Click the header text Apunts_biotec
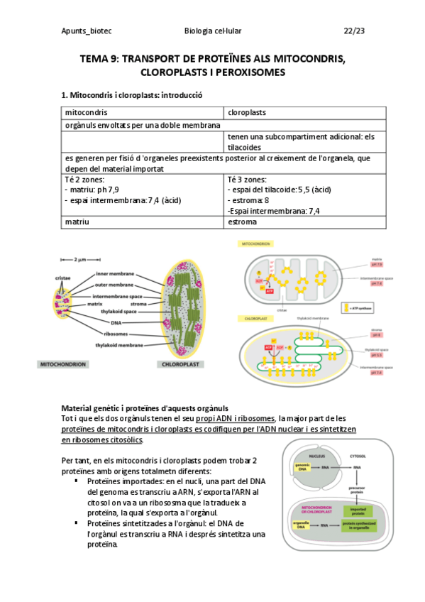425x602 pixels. [x=87, y=31]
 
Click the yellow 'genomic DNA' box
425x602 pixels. [x=302, y=468]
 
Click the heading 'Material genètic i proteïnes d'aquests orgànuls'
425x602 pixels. [x=145, y=408]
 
